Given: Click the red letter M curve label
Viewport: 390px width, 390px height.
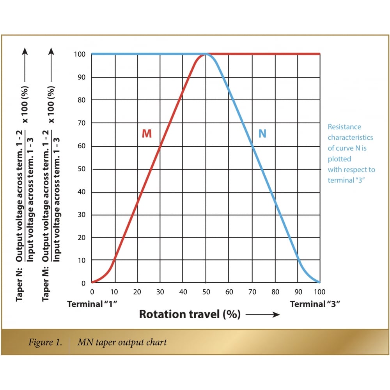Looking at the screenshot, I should (147, 134).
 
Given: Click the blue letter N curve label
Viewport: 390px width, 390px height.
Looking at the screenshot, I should (262, 134).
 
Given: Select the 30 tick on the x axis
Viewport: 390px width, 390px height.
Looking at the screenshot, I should (160, 292).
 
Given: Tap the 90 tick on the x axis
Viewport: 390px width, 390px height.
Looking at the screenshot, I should (298, 292).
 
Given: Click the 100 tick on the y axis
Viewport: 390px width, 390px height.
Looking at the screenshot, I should (80, 54).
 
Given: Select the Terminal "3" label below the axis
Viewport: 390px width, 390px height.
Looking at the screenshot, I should (315, 304).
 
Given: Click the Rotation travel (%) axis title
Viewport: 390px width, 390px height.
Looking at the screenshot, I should (190, 314).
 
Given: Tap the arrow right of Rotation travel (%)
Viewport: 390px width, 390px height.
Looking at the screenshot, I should (262, 315).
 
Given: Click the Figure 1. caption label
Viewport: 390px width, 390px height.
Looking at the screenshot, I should (46, 342).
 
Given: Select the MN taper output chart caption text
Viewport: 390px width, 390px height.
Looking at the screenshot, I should (122, 342).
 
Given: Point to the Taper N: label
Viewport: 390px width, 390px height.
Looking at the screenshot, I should (19, 289).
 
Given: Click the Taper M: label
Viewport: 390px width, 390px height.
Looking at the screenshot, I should (46, 289).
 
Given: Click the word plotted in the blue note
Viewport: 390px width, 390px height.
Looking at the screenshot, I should (339, 159).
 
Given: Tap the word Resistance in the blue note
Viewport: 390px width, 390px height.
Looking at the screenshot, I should (344, 127).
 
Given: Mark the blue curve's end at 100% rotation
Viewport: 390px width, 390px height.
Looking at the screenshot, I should (319, 282).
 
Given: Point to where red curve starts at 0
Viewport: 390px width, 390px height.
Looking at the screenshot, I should (92, 282).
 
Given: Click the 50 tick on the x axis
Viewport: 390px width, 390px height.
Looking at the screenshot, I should (206, 292).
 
